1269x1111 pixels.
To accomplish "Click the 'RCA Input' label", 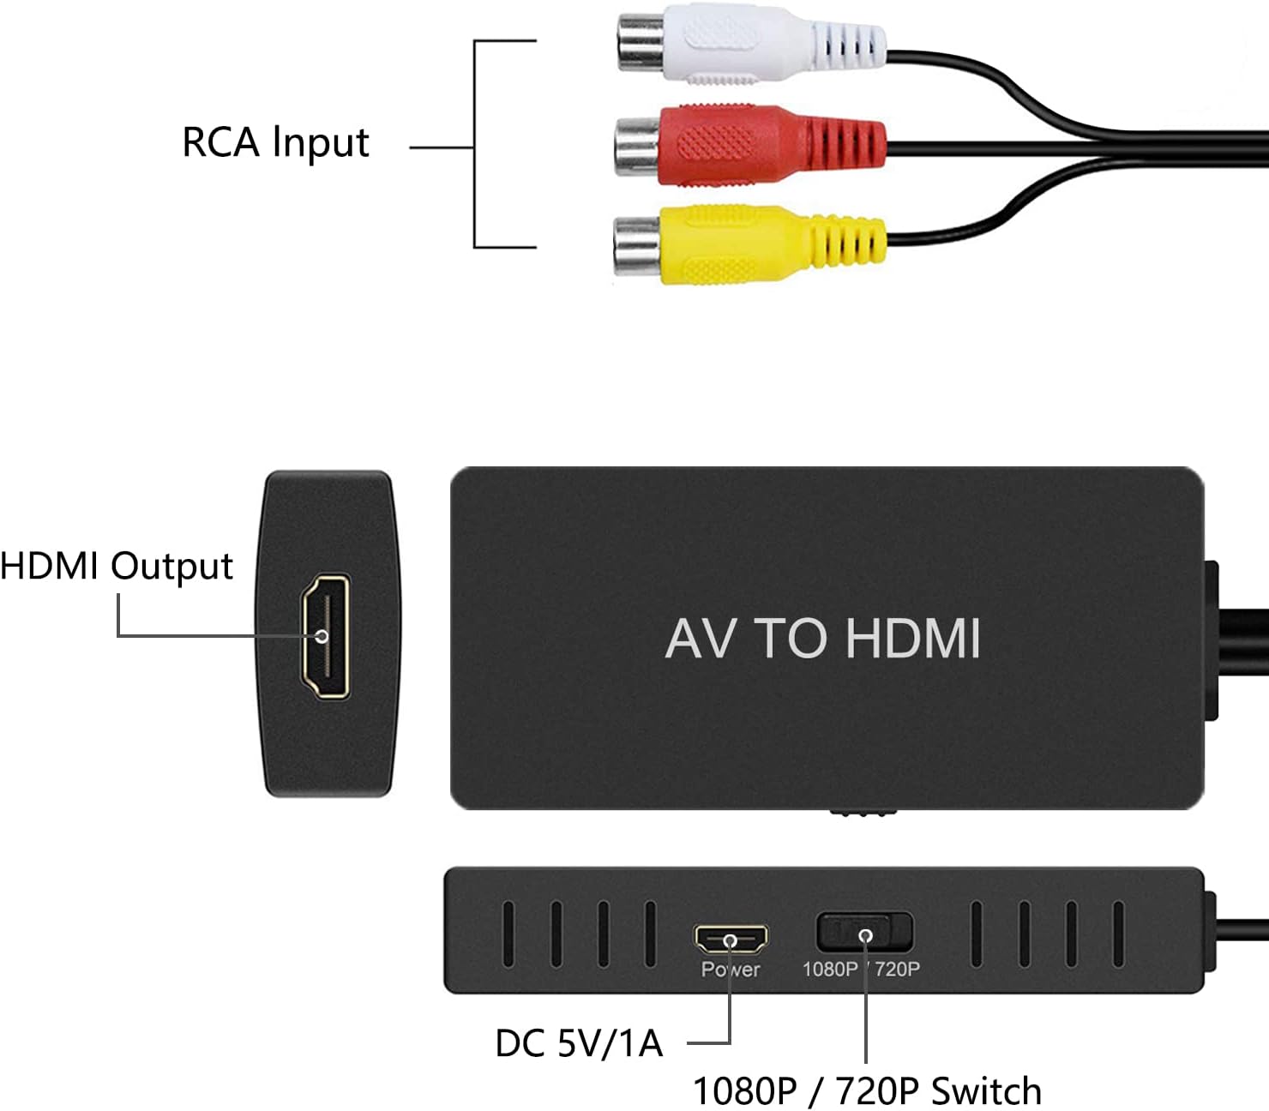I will [275, 142].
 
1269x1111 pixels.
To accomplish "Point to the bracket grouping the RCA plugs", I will [477, 144].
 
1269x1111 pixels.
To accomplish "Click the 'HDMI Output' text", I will [116, 566].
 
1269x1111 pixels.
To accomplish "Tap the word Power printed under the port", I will [731, 970].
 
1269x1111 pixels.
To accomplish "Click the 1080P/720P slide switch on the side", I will [864, 933].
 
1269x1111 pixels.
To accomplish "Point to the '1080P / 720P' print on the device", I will [861, 970].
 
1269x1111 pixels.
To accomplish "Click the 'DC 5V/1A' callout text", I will [579, 1043].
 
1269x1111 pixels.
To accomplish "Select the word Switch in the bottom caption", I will [987, 1091].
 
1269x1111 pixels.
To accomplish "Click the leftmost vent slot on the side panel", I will [508, 934].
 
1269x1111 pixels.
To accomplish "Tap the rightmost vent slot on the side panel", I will [1118, 934].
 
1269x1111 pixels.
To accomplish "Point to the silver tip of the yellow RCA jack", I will [636, 244].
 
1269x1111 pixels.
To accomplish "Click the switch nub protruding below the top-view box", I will [863, 812].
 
